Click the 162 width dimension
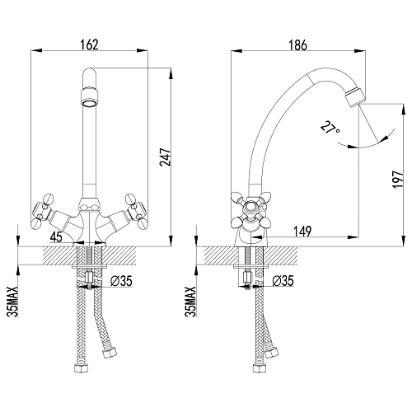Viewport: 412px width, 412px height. pos(90,45)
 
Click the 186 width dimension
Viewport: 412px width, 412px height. pos(298,45)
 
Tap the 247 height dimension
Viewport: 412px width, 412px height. pos(166,157)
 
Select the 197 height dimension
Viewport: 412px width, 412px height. pos(398,180)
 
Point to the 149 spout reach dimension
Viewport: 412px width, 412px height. pos(302,232)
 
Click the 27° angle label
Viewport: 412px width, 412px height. pos(330,128)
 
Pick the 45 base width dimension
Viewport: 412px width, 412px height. pos(56,236)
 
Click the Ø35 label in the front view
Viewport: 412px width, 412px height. pos(121,281)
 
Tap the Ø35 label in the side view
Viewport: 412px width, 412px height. pos(283,281)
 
